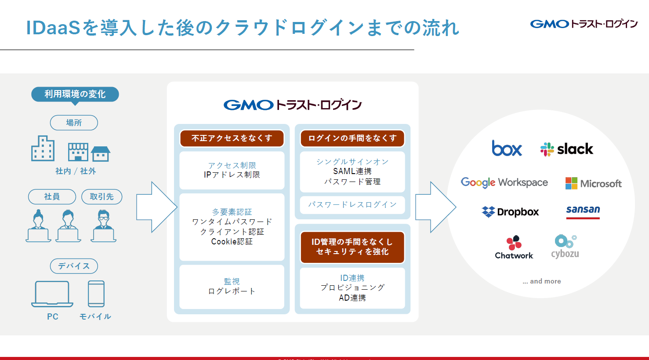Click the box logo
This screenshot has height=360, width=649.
(x=507, y=149)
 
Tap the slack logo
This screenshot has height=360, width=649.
(x=567, y=149)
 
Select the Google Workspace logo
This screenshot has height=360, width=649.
(x=504, y=182)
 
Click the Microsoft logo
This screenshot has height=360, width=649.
(x=593, y=183)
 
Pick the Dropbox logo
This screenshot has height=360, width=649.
(x=510, y=212)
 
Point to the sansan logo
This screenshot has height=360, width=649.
(x=583, y=211)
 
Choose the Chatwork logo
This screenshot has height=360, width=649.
(x=514, y=247)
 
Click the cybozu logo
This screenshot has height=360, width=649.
(x=565, y=247)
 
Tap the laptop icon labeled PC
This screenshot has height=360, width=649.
(x=52, y=294)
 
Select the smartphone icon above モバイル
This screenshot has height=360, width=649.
(x=96, y=294)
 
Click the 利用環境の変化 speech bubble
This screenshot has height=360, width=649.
(x=75, y=95)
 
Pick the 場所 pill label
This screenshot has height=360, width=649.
(x=74, y=123)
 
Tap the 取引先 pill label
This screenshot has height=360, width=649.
(x=102, y=196)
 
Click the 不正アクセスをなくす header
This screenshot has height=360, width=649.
(x=232, y=138)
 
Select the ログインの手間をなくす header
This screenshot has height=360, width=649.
(x=352, y=138)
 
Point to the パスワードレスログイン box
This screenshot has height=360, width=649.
(x=352, y=205)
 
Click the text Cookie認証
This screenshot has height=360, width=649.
(x=232, y=242)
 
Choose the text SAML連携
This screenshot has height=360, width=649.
(x=352, y=171)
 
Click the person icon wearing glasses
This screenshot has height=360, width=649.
(x=104, y=226)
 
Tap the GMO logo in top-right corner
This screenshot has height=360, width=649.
(x=584, y=24)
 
